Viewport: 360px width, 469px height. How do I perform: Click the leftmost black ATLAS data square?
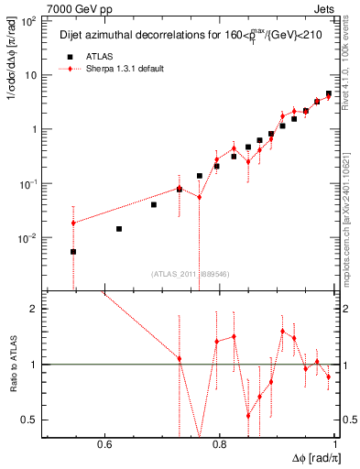pyautogui.click(x=73, y=251)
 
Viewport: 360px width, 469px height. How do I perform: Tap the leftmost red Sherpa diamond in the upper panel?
pyautogui.click(x=73, y=223)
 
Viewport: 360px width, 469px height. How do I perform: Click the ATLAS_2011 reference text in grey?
pyautogui.click(x=189, y=273)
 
